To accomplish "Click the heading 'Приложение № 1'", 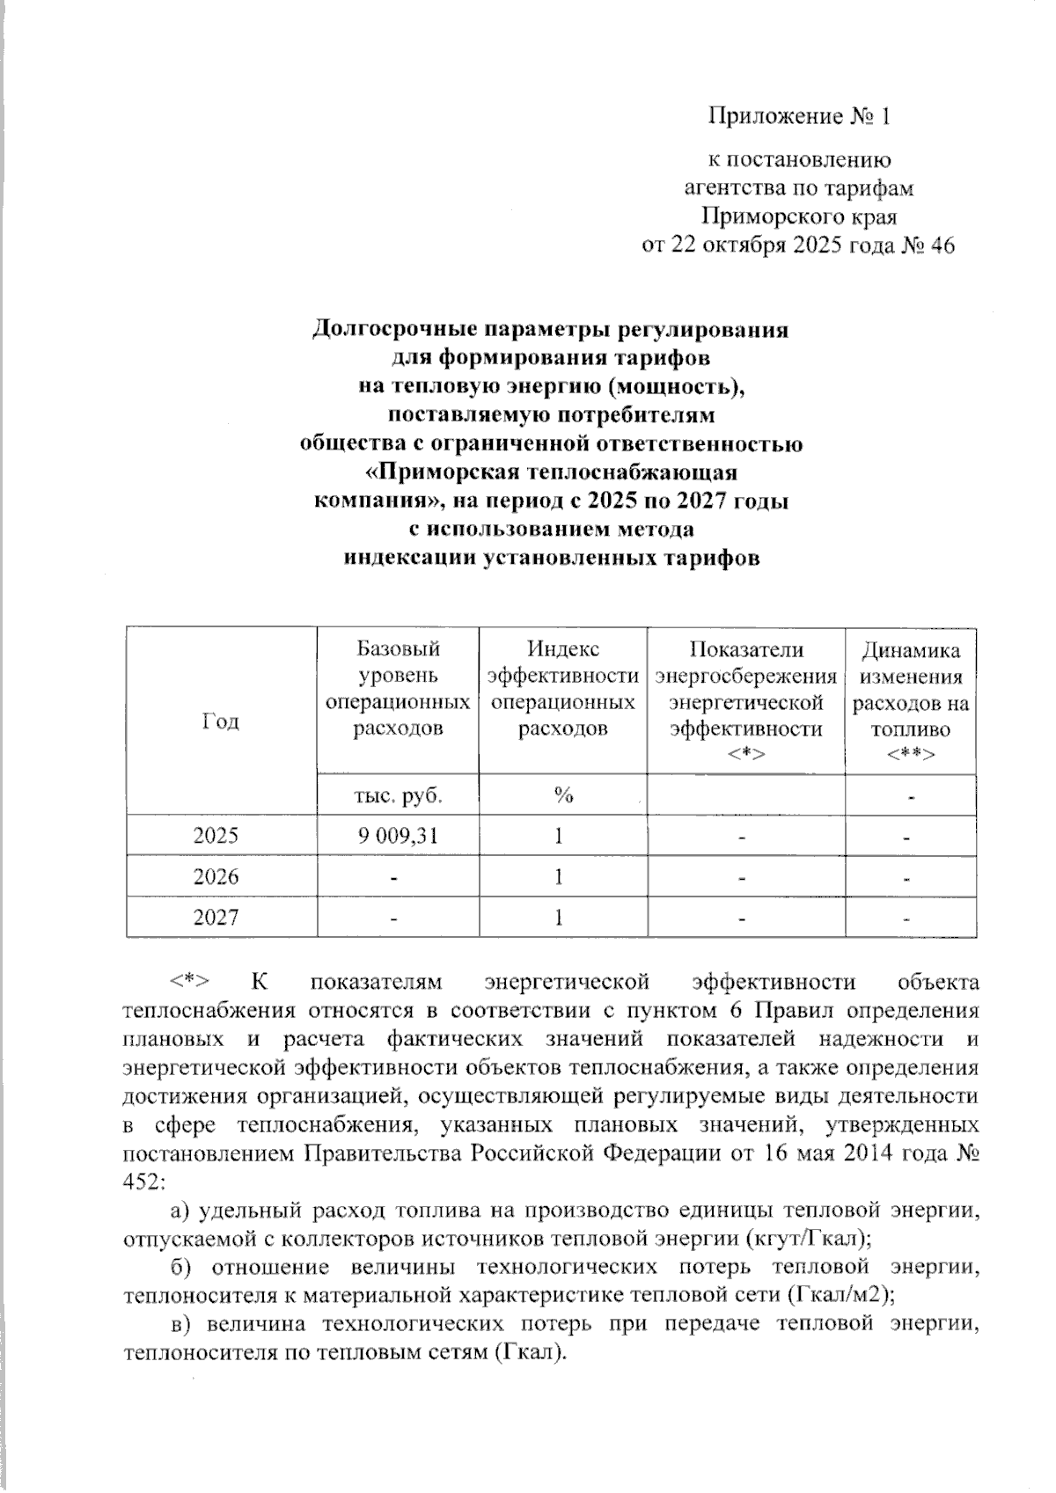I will (800, 116).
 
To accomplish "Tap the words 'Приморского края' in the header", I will (799, 216).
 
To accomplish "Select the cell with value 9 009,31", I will (398, 835).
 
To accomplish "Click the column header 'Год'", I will (221, 721).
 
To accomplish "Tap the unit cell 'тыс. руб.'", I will (397, 796).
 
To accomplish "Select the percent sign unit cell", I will (563, 796).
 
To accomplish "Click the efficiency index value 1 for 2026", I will (559, 877).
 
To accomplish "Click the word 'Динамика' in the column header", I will (911, 651).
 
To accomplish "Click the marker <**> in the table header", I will (910, 754).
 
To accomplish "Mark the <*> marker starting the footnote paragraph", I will (188, 981).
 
